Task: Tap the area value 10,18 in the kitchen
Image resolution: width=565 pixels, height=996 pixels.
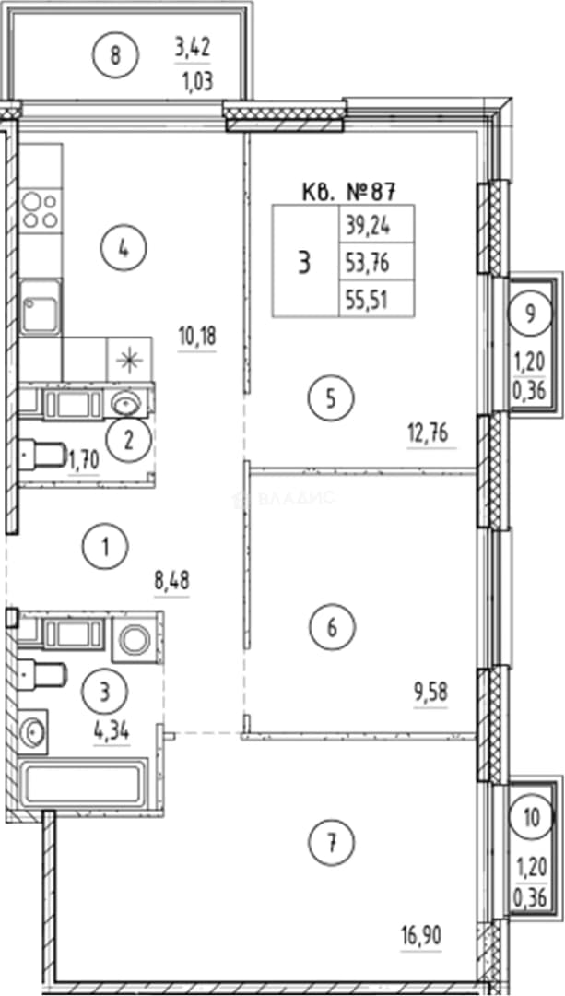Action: pyautogui.click(x=197, y=338)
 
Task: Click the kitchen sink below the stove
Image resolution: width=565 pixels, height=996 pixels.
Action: pyautogui.click(x=40, y=307)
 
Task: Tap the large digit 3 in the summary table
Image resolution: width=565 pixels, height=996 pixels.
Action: pyautogui.click(x=305, y=262)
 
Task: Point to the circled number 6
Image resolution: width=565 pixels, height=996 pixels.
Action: pyautogui.click(x=332, y=628)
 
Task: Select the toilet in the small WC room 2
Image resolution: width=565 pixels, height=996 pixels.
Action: pyautogui.click(x=41, y=454)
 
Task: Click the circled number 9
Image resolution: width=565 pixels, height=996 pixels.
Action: pyautogui.click(x=530, y=314)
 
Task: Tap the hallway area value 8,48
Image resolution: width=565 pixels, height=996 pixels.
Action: pyautogui.click(x=172, y=581)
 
